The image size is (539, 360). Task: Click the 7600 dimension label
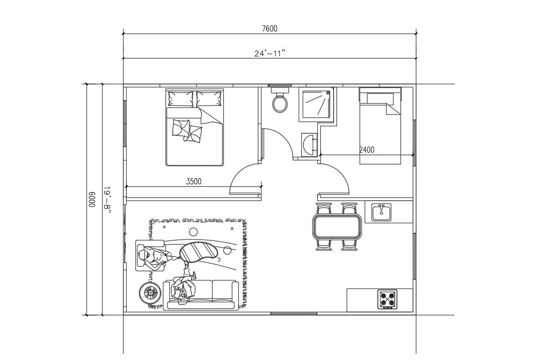[269, 29]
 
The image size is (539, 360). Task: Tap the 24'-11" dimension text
[270, 53]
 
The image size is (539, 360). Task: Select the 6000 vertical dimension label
[91, 199]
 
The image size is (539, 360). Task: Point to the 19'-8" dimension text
[107, 199]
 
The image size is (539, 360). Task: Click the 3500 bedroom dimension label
[194, 182]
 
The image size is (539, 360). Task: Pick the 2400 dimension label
[367, 150]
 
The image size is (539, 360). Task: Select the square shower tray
[317, 104]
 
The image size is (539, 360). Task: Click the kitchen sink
[381, 212]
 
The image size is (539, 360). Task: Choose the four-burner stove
[387, 299]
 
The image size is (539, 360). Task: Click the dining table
[337, 227]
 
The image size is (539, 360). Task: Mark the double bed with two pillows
[194, 128]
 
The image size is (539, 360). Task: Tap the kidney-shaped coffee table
[199, 252]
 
